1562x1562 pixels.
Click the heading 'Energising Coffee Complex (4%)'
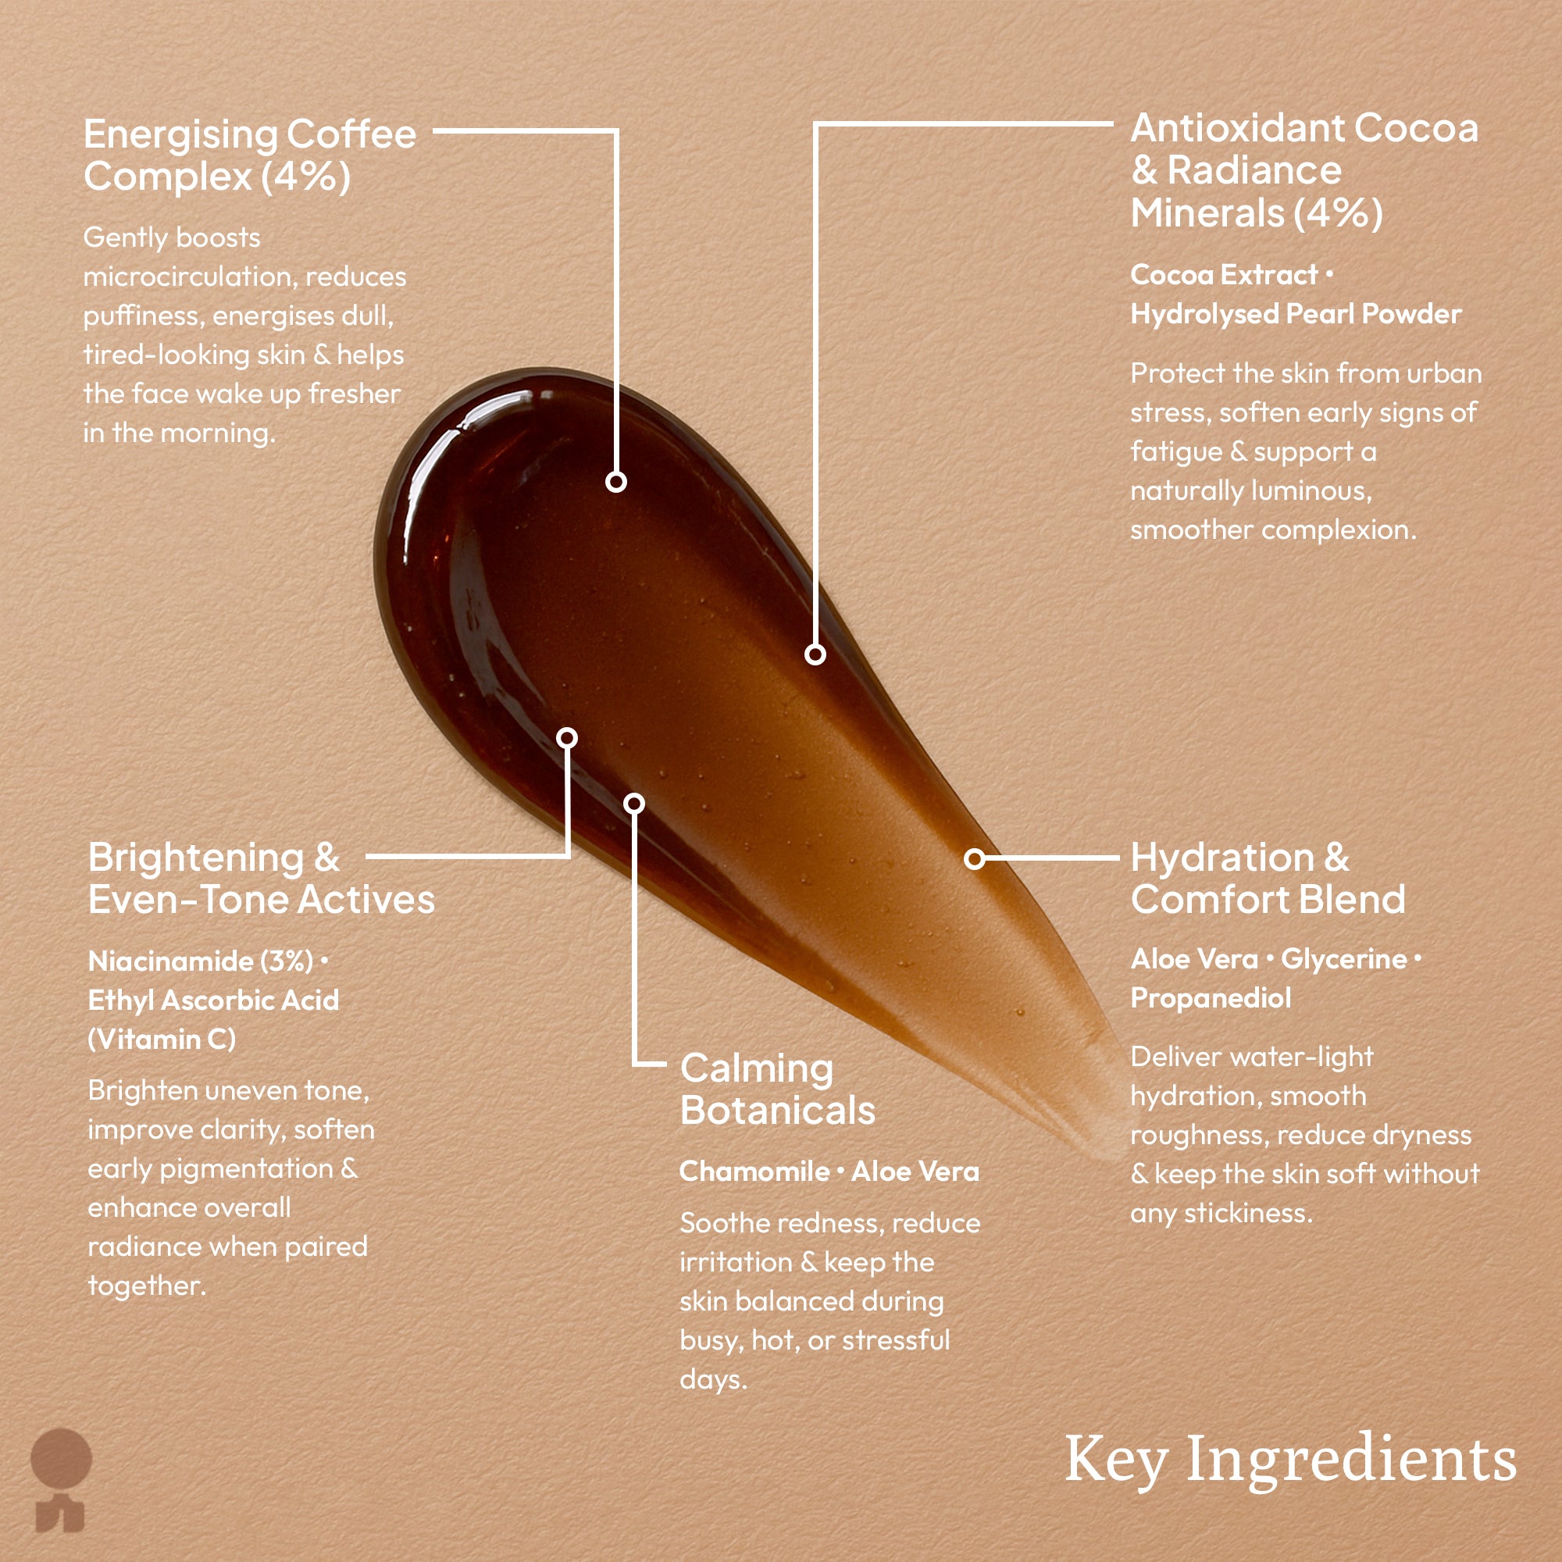coord(249,155)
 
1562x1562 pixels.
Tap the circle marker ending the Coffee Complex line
coord(616,483)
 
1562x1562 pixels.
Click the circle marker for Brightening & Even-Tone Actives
coord(568,737)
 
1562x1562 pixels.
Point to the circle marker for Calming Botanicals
coord(635,803)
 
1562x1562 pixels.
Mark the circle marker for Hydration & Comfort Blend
coord(975,858)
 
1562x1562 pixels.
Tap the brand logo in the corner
coord(61,1479)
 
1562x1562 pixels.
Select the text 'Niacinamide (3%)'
coord(201,961)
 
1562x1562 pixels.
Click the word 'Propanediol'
coord(1211,998)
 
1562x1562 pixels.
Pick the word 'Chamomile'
coord(754,1171)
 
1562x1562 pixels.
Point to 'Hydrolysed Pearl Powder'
coord(1295,315)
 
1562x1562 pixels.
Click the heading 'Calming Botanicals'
coord(777,1089)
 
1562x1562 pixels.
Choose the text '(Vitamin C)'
coord(162,1040)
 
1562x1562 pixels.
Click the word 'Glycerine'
coord(1343,960)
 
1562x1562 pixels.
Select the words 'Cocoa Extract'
coord(1224,276)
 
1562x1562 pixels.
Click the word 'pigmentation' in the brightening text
coord(246,1169)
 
